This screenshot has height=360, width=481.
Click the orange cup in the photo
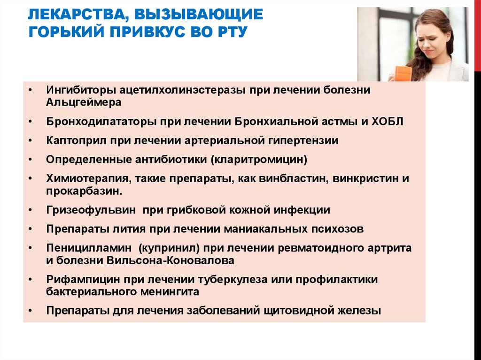click(403, 74)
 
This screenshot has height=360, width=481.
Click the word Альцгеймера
click(84, 102)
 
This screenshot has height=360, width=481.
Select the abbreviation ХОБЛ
click(387, 122)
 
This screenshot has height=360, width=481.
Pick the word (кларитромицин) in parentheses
click(259, 160)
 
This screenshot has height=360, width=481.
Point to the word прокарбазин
click(84, 191)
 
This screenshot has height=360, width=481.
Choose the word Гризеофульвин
click(91, 210)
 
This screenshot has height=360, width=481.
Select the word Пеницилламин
click(89, 248)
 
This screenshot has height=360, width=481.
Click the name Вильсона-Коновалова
click(170, 260)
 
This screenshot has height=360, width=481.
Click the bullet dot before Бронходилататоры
click(30, 122)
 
